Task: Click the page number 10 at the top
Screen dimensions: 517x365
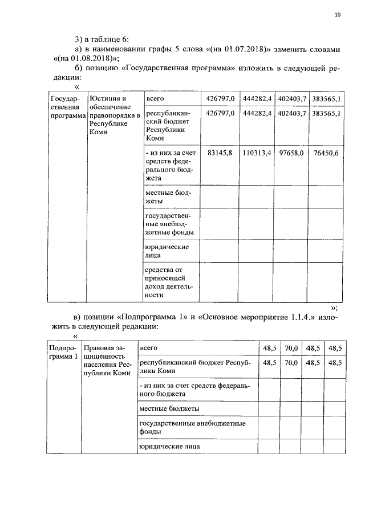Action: tap(337, 15)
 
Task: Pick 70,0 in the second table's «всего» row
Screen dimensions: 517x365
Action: tap(291, 347)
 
